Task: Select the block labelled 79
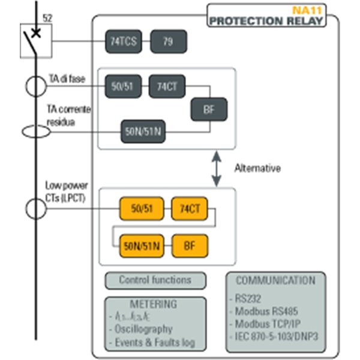coord(168,41)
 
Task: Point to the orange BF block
coord(190,245)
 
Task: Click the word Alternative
coord(257,169)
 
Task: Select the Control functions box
coord(155,280)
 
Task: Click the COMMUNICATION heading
coord(275,280)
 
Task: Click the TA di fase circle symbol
coord(36,86)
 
